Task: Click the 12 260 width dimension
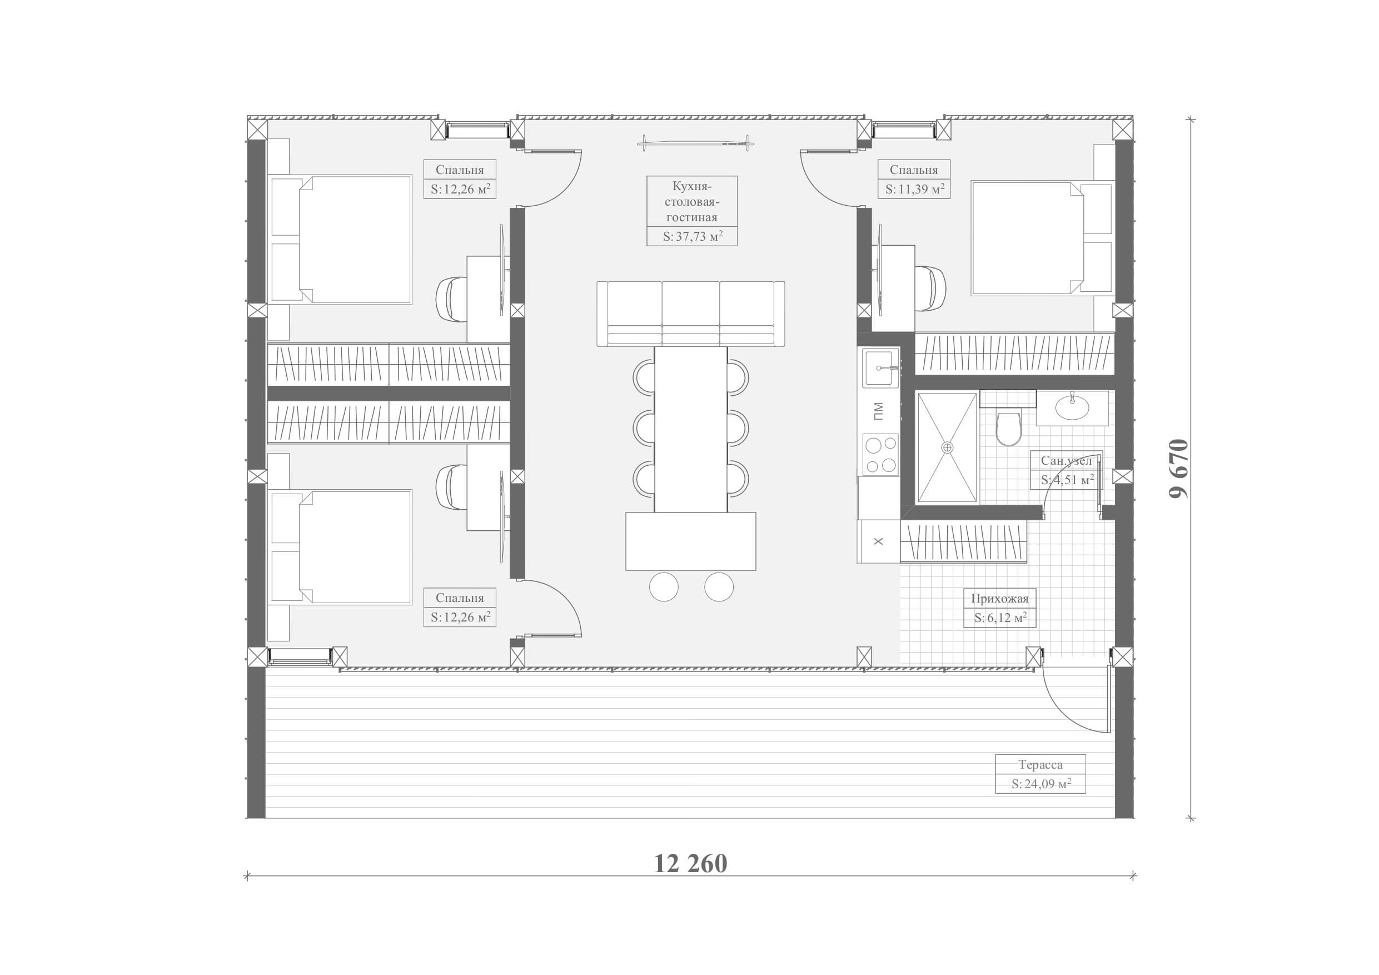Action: click(690, 864)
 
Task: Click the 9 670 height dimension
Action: click(1179, 469)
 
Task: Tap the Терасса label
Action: click(1041, 765)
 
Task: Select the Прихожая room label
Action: click(999, 598)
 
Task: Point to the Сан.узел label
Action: click(1066, 461)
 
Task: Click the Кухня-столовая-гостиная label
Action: click(691, 202)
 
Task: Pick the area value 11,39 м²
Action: click(915, 189)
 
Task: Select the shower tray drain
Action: click(947, 447)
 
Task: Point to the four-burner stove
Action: click(880, 455)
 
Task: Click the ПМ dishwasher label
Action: click(878, 411)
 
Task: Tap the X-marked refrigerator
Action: click(879, 541)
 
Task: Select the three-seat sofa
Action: click(691, 314)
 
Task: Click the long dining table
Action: click(691, 429)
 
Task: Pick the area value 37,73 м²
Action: click(693, 237)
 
